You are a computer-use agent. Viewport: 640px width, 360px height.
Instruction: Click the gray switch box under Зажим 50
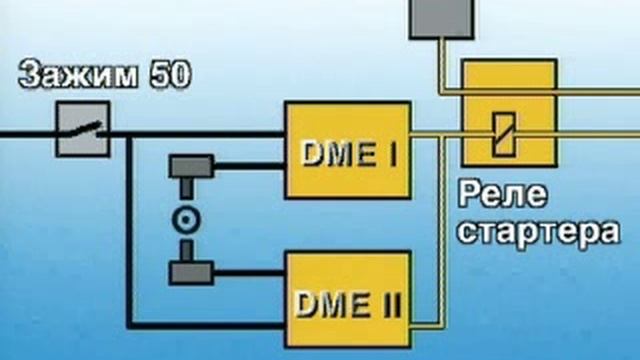click(82, 131)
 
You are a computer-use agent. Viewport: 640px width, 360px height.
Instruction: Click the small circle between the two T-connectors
click(184, 219)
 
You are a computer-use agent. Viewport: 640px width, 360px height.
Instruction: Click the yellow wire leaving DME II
click(425, 322)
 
